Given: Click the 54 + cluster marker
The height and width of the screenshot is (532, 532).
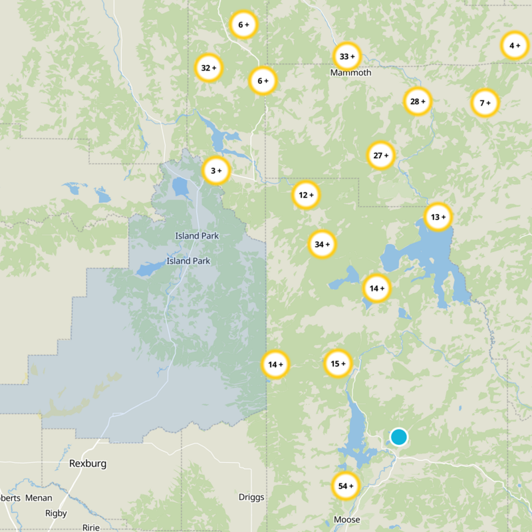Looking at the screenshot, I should (345, 486).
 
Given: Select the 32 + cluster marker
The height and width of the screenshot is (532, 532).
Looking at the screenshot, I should (209, 68).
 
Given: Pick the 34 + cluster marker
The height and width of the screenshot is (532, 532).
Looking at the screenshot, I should (322, 245).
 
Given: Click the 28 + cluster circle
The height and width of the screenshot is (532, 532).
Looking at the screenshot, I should (418, 102).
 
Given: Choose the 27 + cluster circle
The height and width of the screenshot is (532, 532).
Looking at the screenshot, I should (381, 156).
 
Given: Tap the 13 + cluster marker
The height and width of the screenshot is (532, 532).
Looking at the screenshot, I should (438, 217).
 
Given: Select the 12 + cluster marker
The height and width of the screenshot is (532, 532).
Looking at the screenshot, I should (306, 196).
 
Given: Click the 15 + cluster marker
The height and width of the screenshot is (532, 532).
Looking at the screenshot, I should (338, 363).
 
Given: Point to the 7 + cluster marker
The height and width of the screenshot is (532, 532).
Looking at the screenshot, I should (485, 103).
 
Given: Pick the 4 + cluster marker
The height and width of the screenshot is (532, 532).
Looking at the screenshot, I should (514, 46).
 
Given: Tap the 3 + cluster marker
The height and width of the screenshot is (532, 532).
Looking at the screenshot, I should (216, 171).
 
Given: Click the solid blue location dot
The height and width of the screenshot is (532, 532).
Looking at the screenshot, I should (398, 437).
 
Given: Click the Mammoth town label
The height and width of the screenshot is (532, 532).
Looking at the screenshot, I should (350, 72).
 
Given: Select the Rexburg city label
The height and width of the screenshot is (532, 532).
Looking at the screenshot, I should (88, 464).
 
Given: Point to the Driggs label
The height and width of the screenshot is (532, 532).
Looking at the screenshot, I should (251, 497).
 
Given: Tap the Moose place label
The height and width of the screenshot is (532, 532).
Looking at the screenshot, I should (346, 520).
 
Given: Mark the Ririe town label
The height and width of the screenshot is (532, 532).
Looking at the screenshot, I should (90, 527).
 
